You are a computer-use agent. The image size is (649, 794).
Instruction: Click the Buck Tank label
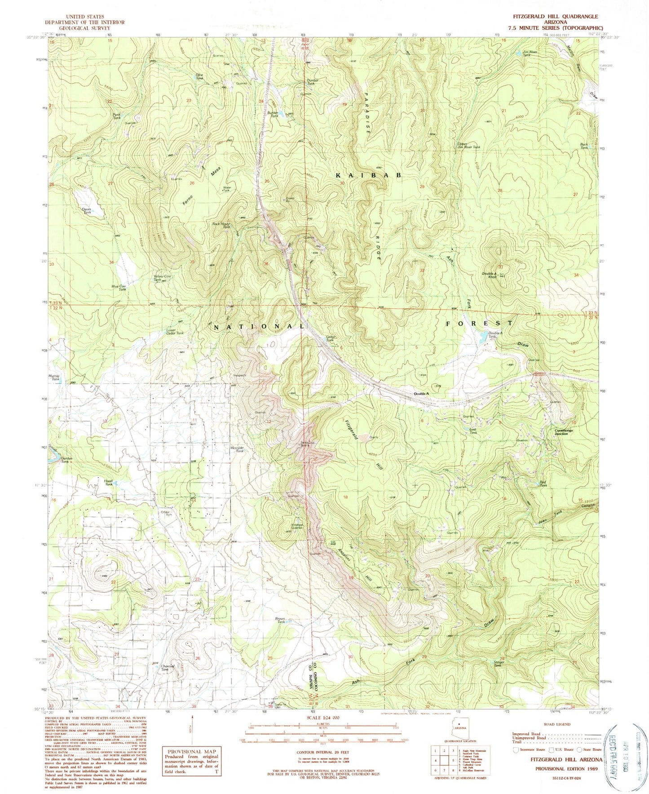pos(584,146)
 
